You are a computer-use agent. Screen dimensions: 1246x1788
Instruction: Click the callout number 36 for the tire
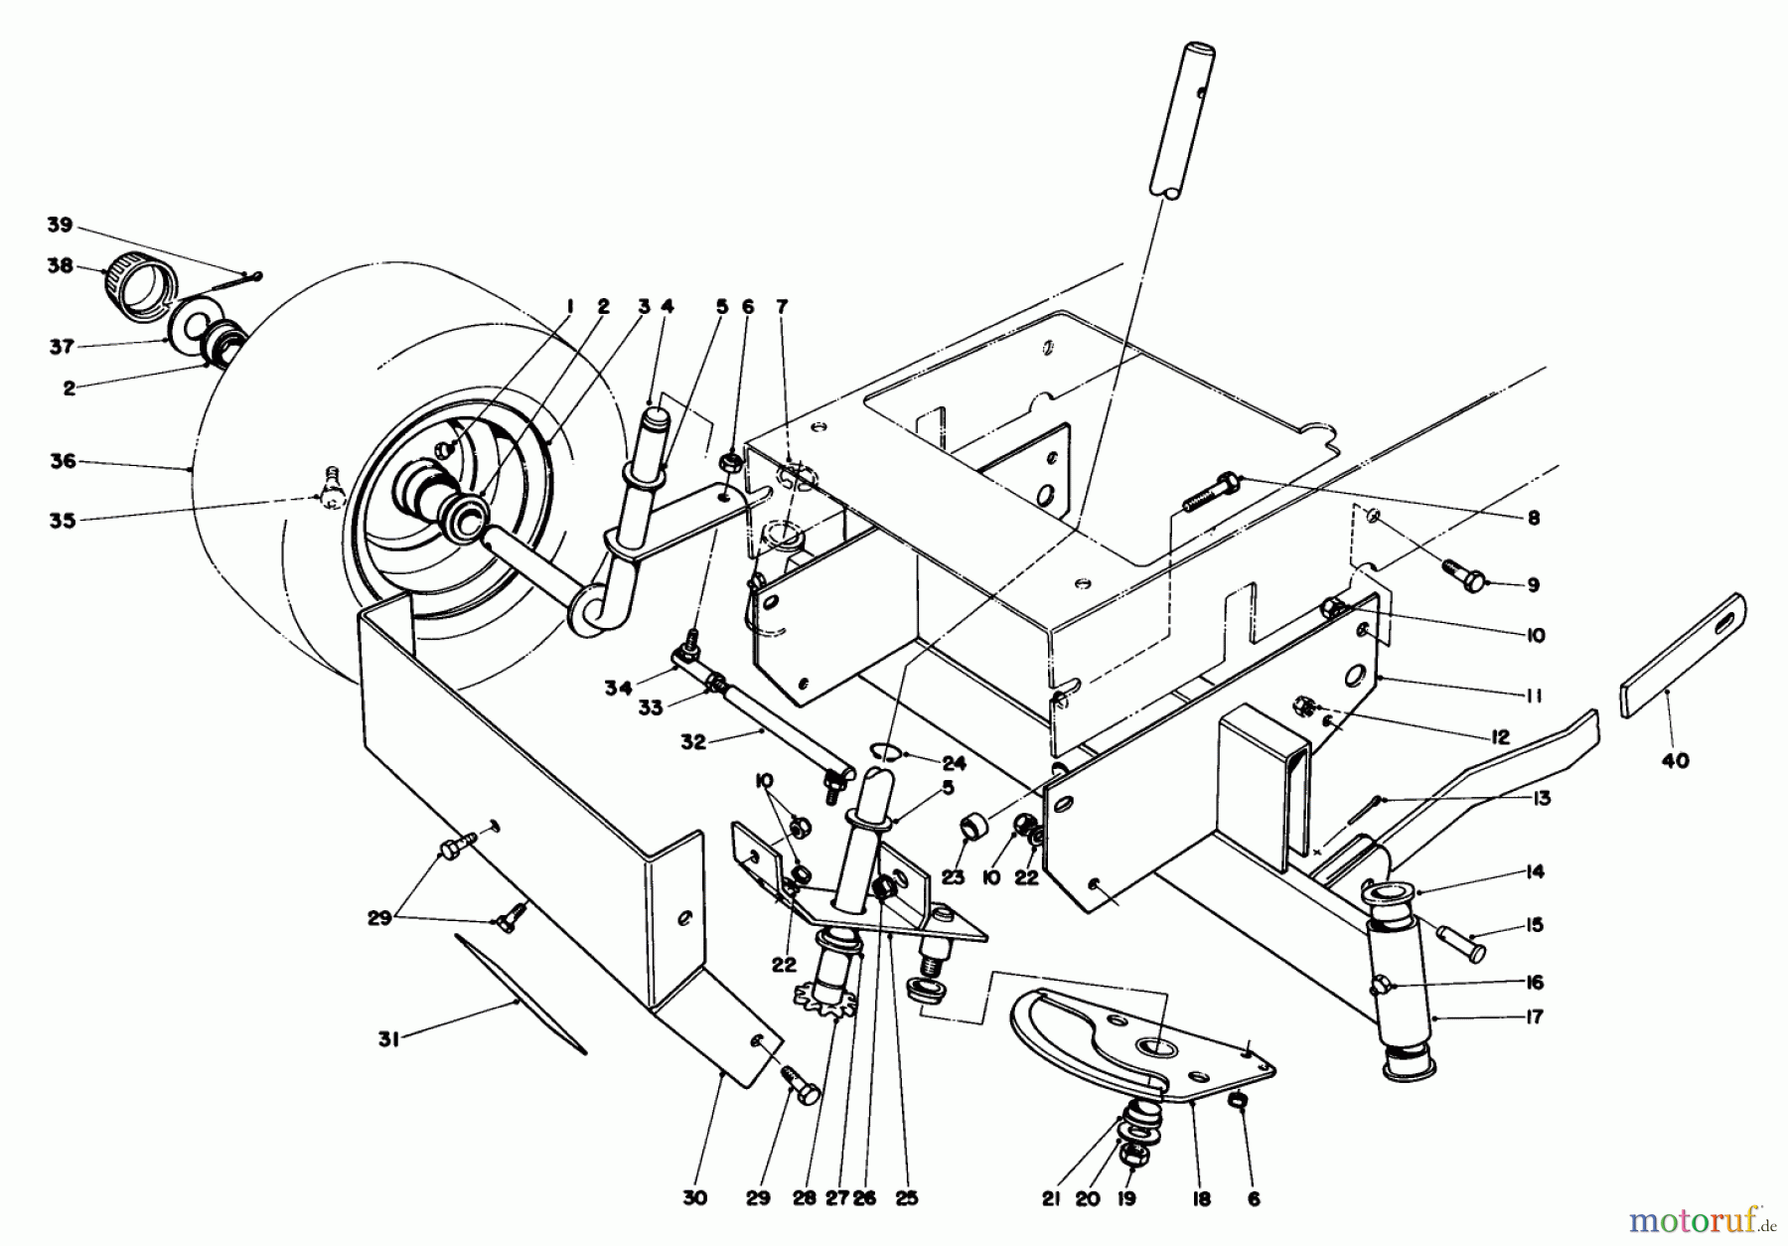62,462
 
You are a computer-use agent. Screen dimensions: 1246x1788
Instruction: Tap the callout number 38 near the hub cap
62,266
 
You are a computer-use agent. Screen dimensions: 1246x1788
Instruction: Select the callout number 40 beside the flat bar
1674,762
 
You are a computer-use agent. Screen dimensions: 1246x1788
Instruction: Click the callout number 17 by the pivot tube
1534,1018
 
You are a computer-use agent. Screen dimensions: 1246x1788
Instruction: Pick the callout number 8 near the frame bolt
1534,518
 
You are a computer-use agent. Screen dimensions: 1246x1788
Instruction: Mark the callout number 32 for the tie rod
693,742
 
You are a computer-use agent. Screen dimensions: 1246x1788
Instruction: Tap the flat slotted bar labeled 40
1685,656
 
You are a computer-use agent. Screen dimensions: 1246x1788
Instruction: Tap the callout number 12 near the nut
1499,737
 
